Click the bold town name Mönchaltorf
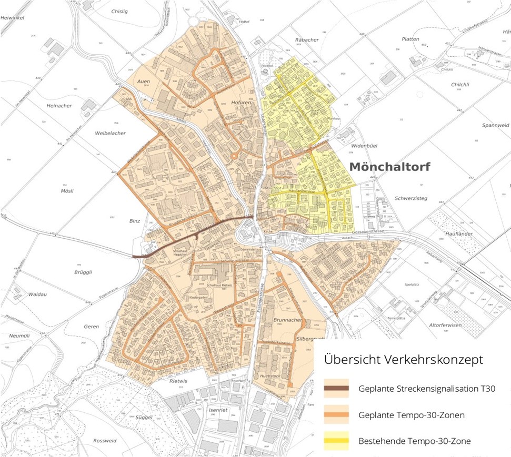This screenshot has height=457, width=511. (x=389, y=167)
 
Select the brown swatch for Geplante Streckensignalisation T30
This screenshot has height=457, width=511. (x=336, y=389)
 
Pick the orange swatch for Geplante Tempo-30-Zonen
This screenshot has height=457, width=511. (x=336, y=415)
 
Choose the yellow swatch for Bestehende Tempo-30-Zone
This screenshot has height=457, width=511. (x=336, y=441)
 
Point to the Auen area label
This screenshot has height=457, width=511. (x=143, y=82)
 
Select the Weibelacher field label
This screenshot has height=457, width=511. (x=110, y=133)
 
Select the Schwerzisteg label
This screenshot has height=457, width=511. (x=410, y=198)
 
